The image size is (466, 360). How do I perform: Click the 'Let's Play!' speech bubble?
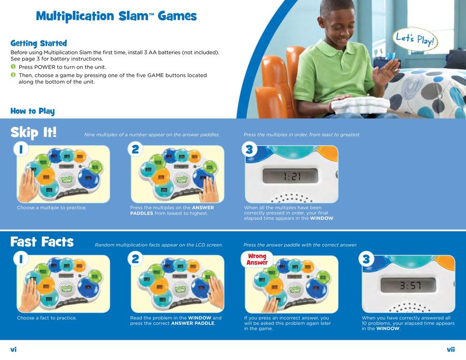tap(415, 39)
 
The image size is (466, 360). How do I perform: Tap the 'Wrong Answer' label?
tap(257, 259)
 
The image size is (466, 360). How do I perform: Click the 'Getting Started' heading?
tap(39, 44)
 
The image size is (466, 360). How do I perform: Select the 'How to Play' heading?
tap(33, 111)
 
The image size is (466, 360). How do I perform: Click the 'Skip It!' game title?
tap(33, 132)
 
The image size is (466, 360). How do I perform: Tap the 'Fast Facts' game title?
tap(42, 242)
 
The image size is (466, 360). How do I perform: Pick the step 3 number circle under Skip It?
tap(249, 149)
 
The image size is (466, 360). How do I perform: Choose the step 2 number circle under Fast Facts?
tap(135, 259)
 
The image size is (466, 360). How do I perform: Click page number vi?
tap(13, 350)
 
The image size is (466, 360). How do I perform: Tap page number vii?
tap(451, 350)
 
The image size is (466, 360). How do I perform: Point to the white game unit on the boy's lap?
tap(360, 105)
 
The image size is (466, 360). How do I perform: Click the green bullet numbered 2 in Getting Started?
tap(13, 75)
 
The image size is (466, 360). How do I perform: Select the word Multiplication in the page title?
tap(75, 17)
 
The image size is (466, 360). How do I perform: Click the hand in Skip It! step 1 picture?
tap(27, 185)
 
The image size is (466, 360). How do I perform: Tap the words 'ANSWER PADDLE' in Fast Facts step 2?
tap(193, 323)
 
